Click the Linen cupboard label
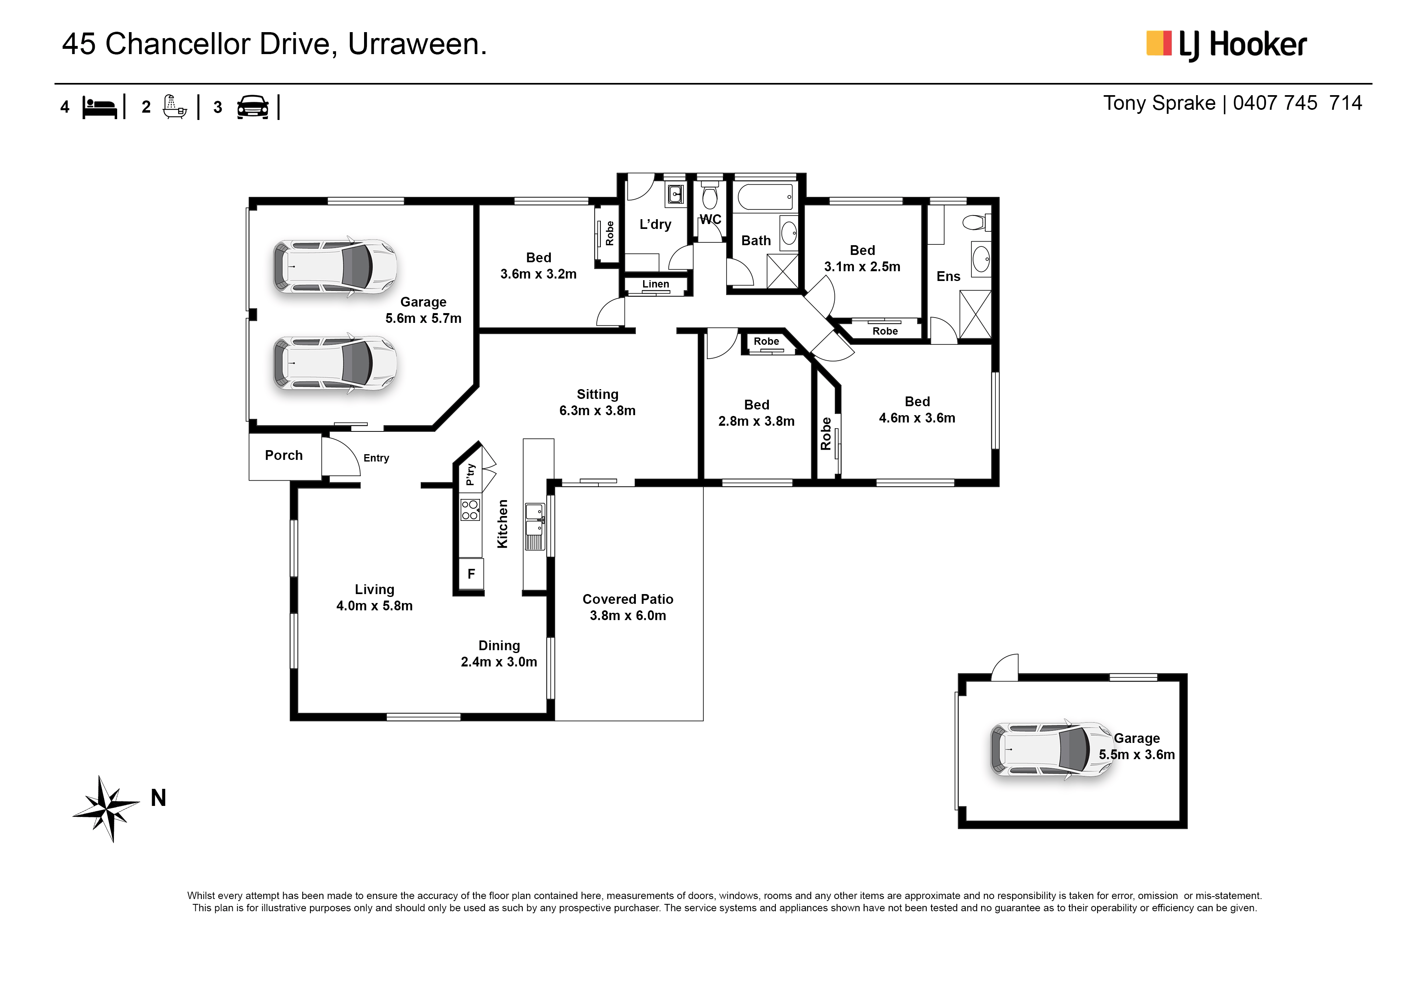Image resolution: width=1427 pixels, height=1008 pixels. (x=656, y=284)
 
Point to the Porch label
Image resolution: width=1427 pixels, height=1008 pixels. (x=284, y=455)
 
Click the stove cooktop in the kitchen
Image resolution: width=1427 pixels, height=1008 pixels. (x=470, y=509)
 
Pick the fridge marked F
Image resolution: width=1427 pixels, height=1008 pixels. (x=471, y=574)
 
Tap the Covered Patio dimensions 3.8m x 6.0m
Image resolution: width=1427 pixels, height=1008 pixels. (x=628, y=616)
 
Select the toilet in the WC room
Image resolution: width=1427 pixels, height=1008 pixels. (x=710, y=195)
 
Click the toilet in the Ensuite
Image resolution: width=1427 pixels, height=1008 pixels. (x=976, y=222)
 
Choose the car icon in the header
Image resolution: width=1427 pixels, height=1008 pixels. (x=253, y=107)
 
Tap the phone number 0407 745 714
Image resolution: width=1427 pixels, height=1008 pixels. (x=1297, y=103)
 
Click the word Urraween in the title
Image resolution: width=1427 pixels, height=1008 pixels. (x=417, y=44)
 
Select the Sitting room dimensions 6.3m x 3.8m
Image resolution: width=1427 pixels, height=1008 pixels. (x=597, y=411)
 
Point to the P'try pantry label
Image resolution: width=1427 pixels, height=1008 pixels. (x=471, y=474)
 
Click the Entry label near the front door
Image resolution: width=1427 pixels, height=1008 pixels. (x=376, y=458)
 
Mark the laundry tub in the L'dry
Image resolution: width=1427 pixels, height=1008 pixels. (x=676, y=194)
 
